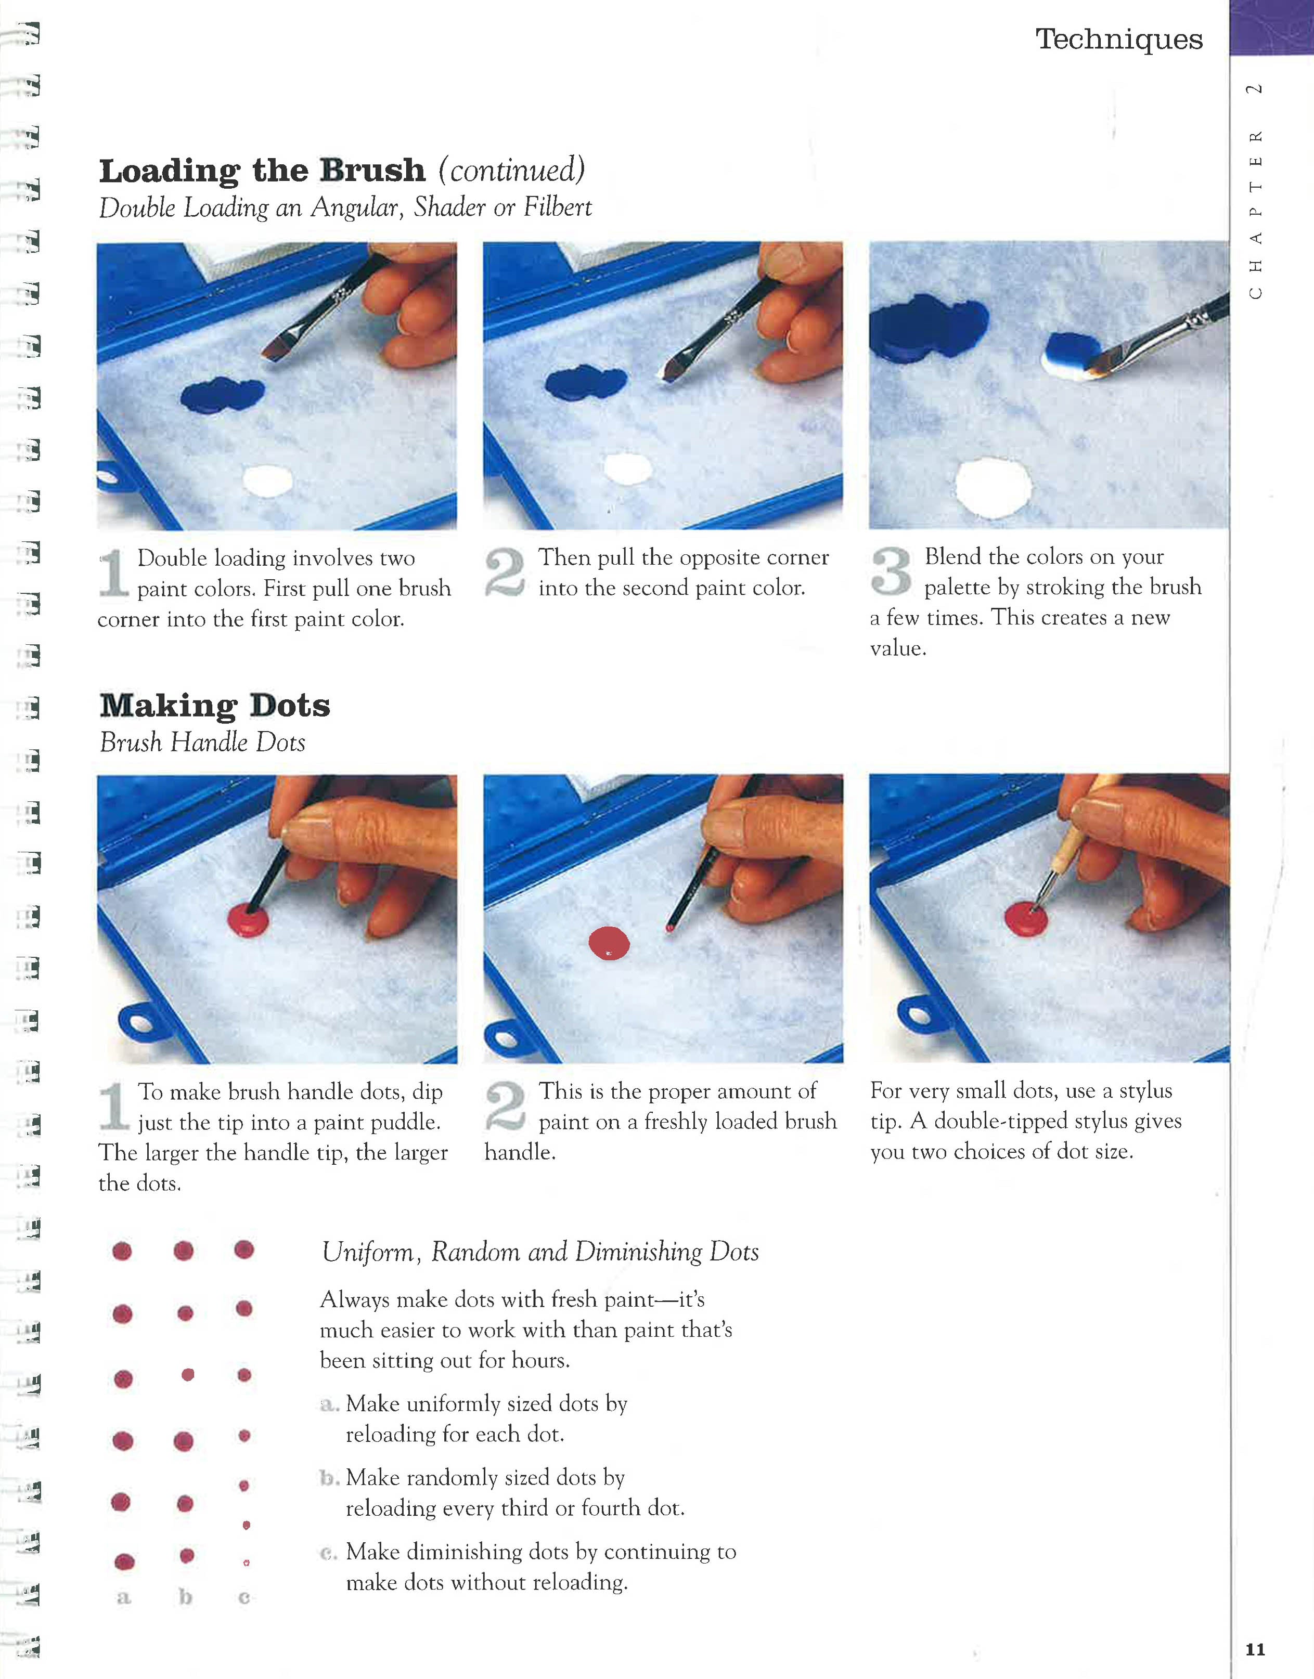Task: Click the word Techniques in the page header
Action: pyautogui.click(x=1118, y=39)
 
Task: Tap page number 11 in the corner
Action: pyautogui.click(x=1255, y=1649)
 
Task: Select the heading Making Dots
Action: pyautogui.click(x=215, y=705)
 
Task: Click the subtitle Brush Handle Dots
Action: pyautogui.click(x=202, y=742)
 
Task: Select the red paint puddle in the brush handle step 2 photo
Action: pyautogui.click(x=609, y=944)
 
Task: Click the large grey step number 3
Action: pyautogui.click(x=892, y=571)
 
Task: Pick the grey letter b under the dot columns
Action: pyautogui.click(x=185, y=1597)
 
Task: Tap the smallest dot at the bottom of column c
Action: pyautogui.click(x=246, y=1563)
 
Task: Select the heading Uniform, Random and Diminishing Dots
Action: pyautogui.click(x=540, y=1252)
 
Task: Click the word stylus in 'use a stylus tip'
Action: pyautogui.click(x=1145, y=1090)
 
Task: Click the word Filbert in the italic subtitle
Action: pyautogui.click(x=558, y=207)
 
